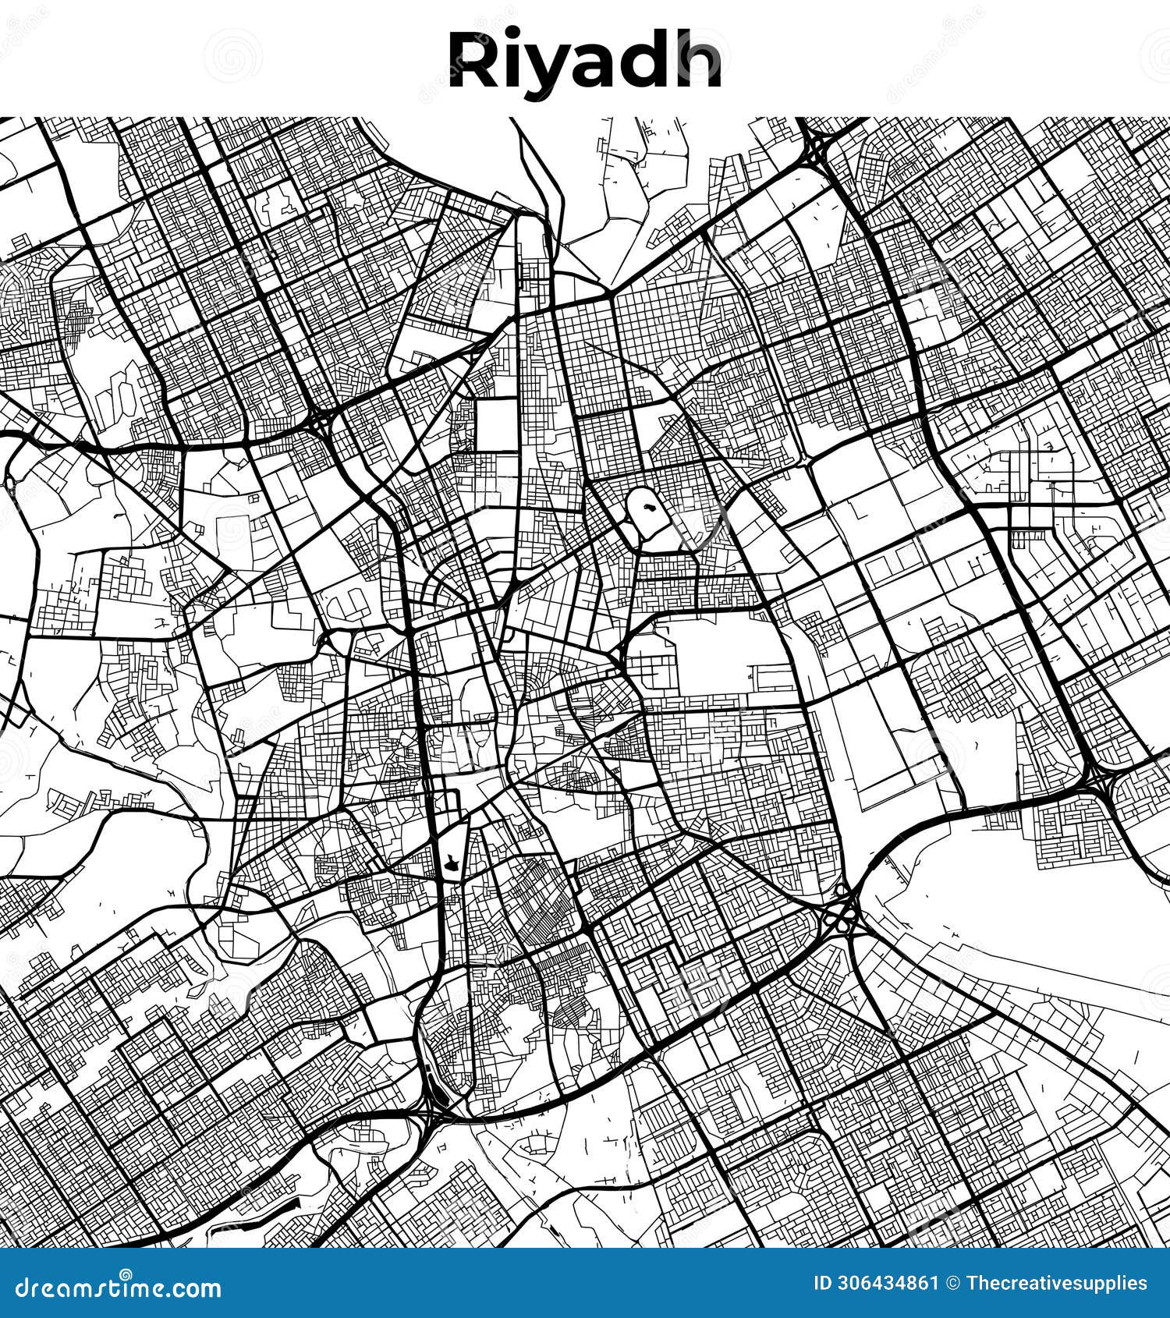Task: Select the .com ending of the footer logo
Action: [x=194, y=1288]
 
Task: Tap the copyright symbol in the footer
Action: [x=952, y=1284]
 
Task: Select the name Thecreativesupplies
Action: [x=1057, y=1284]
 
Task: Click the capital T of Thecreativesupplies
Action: [x=972, y=1284]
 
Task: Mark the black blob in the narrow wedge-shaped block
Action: [x=451, y=861]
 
